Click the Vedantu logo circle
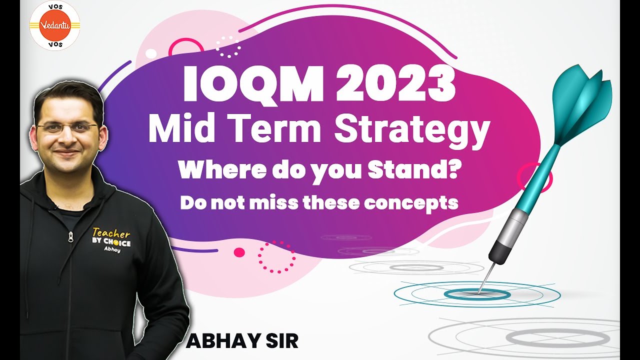55,24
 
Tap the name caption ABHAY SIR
242,341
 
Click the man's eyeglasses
67,128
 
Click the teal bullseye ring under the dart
477,294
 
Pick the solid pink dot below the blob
239,252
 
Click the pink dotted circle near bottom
276,257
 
